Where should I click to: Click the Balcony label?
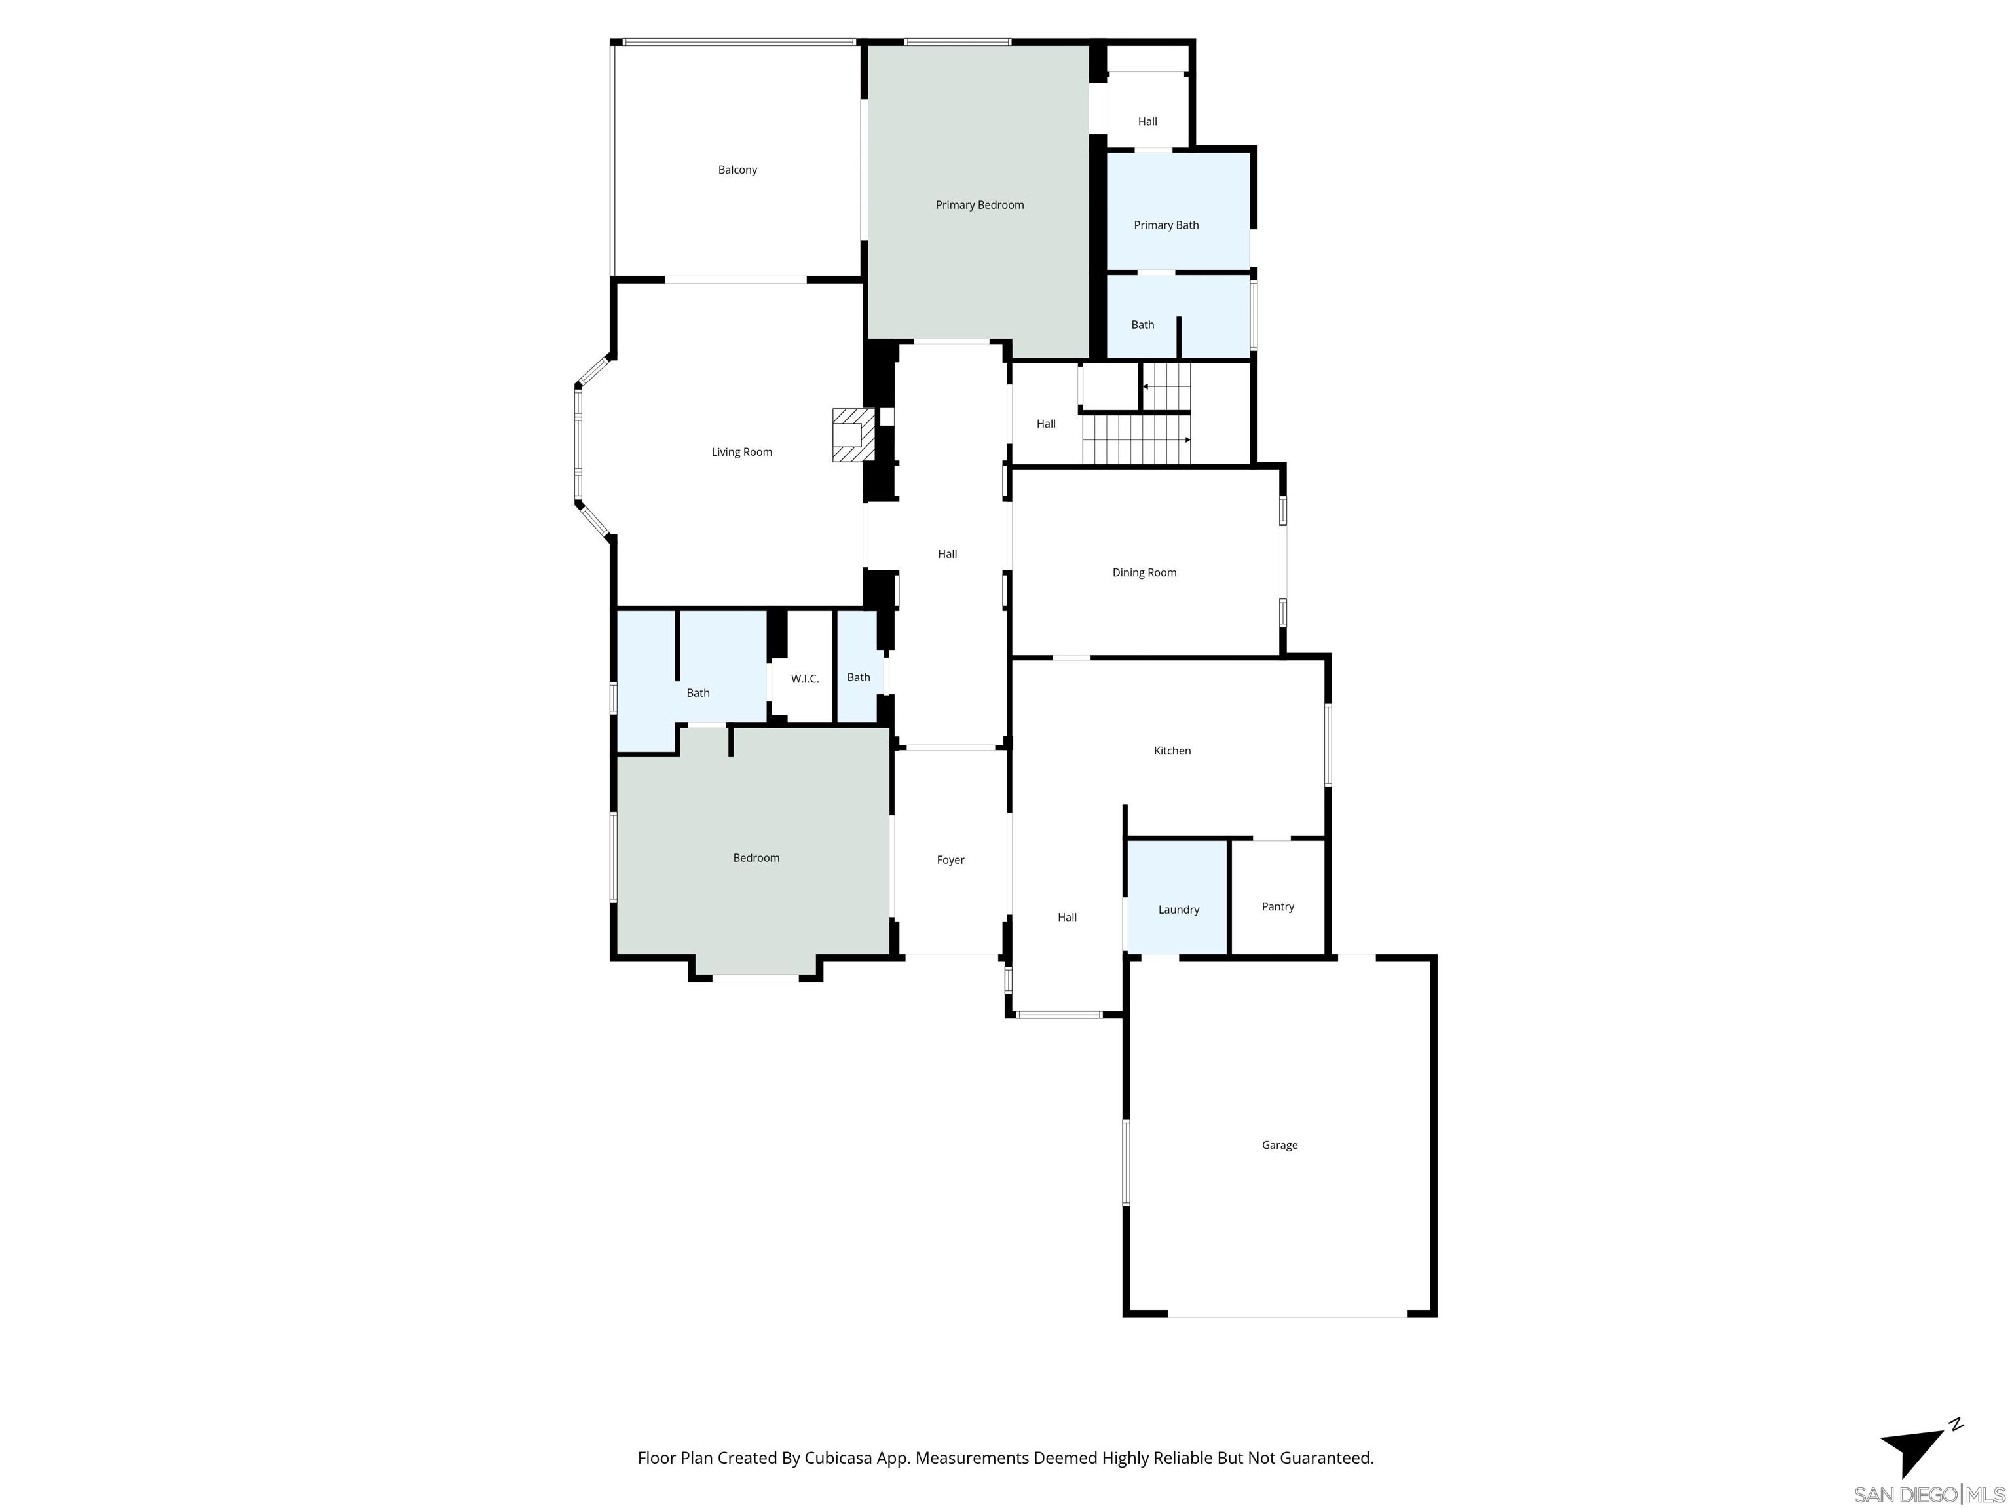[x=737, y=170]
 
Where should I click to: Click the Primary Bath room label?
[x=1165, y=225]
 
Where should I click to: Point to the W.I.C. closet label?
[x=804, y=679]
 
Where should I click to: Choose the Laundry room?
[x=1178, y=910]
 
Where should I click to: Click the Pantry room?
[x=1277, y=907]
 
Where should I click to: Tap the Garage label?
[x=1279, y=1145]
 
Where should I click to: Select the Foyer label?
[x=950, y=859]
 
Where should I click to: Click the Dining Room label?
[x=1144, y=573]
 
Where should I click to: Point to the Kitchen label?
[x=1172, y=751]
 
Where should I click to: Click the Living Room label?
[x=741, y=452]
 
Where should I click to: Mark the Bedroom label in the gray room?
[x=756, y=858]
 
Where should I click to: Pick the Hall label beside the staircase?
[x=1046, y=424]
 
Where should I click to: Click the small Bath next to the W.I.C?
[x=858, y=678]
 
